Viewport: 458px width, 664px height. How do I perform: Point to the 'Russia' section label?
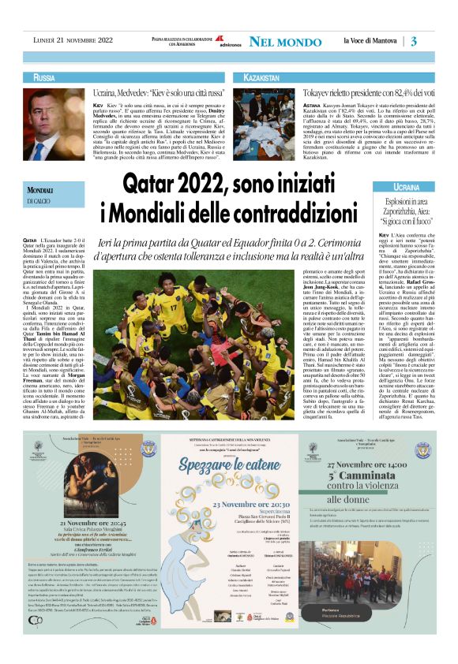39,78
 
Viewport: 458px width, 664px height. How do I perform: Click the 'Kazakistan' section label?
261,78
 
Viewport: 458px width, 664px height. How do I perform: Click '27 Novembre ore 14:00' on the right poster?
388,465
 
